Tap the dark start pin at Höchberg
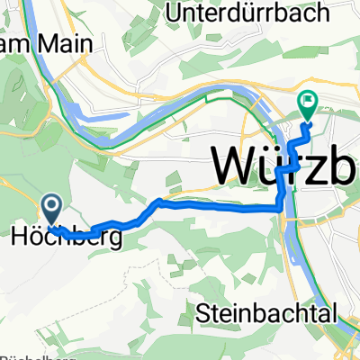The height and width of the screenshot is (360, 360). point(51,208)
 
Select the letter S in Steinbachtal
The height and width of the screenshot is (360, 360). point(202,314)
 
